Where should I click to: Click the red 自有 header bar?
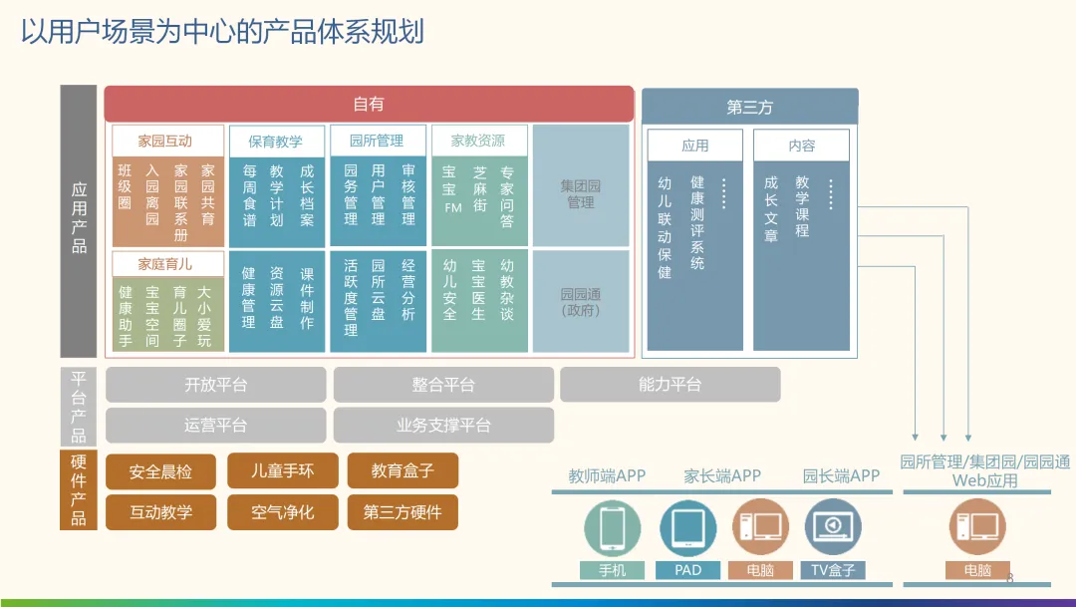click(x=369, y=104)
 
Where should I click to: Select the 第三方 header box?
click(x=749, y=107)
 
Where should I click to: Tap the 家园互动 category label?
click(x=165, y=142)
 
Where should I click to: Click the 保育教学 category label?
click(x=276, y=142)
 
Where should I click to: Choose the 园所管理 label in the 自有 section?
click(x=377, y=142)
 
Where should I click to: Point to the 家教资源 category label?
click(x=478, y=142)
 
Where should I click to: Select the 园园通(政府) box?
click(x=581, y=301)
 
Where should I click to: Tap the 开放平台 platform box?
click(x=215, y=385)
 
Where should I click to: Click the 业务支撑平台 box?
click(x=443, y=426)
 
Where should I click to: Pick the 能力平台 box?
click(x=670, y=385)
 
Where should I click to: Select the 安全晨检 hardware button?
click(x=160, y=471)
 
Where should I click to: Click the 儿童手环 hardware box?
click(x=283, y=470)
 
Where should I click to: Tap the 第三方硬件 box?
click(x=403, y=512)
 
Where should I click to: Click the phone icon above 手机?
click(x=612, y=527)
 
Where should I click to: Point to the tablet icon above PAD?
click(x=687, y=527)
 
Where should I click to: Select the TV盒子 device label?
click(x=834, y=570)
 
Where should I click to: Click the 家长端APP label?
click(x=722, y=476)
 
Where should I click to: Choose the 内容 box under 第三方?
click(x=801, y=146)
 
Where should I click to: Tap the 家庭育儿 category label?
click(x=165, y=264)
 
